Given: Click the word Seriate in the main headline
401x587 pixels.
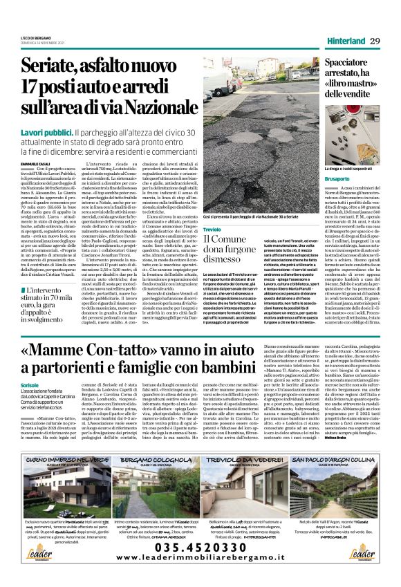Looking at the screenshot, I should (50, 68).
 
